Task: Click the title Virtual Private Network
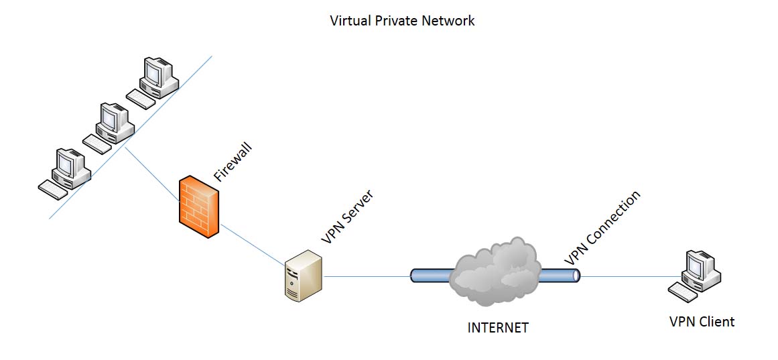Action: (402, 21)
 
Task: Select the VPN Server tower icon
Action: (303, 274)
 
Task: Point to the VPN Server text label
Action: (347, 217)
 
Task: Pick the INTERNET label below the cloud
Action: (497, 328)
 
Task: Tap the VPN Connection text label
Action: (602, 227)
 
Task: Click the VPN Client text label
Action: (702, 322)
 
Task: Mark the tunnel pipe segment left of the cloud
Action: (432, 276)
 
